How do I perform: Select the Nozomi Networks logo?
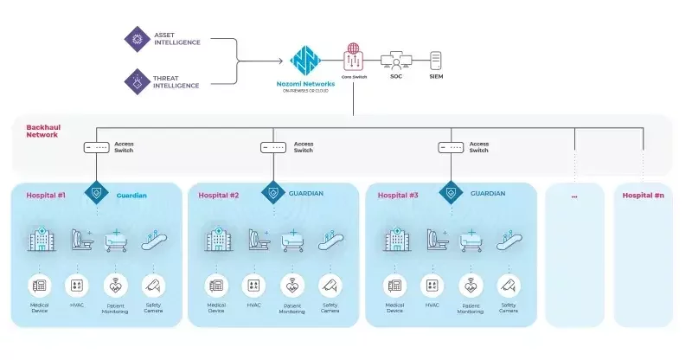pyautogui.click(x=304, y=63)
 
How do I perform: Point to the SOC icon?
pyautogui.click(x=396, y=61)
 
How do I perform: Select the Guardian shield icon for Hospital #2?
pyautogui.click(x=273, y=192)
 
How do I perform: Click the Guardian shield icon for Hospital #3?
pyautogui.click(x=451, y=192)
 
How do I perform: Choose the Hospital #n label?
pyautogui.click(x=643, y=196)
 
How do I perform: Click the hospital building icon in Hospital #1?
pyautogui.click(x=40, y=240)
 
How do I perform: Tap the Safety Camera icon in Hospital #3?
pyautogui.click(x=509, y=285)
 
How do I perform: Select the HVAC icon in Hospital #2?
pyautogui.click(x=254, y=285)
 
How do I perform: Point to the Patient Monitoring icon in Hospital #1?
pyautogui.click(x=115, y=285)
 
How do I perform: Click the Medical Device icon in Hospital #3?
pyautogui.click(x=394, y=285)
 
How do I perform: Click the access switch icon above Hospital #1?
pyautogui.click(x=95, y=147)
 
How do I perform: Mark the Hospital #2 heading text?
pyautogui.click(x=218, y=196)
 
